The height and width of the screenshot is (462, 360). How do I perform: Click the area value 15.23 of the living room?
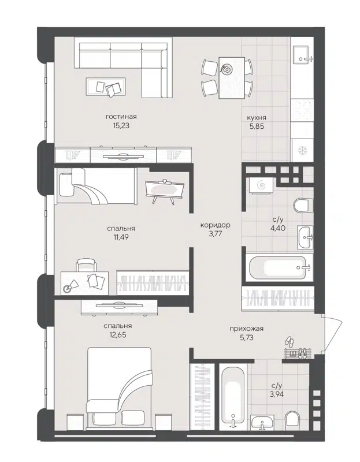point(121,124)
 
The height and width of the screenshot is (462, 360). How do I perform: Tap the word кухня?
point(257,116)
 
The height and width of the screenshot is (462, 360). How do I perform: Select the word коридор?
point(215,225)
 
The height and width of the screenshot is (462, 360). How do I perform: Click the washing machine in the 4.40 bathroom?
point(259,185)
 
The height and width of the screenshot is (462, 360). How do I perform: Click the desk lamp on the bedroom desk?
point(69,288)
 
